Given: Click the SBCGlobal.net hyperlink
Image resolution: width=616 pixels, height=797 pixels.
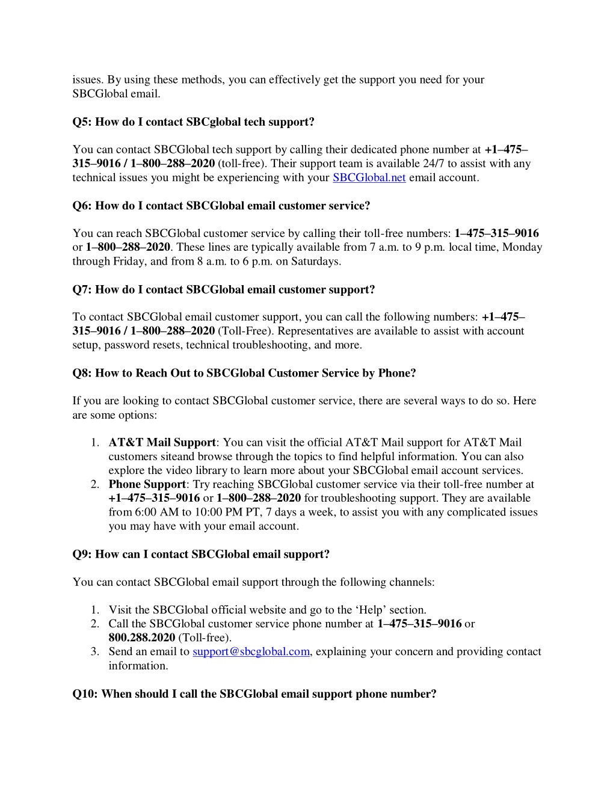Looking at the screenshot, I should click(x=369, y=177).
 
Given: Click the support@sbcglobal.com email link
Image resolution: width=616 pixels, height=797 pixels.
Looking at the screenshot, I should click(x=251, y=651).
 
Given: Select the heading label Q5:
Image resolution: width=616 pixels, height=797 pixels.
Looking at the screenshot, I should click(x=82, y=122).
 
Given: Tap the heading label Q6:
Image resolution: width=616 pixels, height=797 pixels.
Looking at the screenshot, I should click(x=82, y=206).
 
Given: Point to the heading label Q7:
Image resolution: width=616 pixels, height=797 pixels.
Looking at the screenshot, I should click(x=82, y=289).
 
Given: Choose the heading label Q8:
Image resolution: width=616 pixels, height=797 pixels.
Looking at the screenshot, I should click(x=82, y=373).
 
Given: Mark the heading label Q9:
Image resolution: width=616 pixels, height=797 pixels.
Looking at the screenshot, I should click(x=82, y=554).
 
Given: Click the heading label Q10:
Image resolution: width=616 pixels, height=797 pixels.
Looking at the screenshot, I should click(x=85, y=694).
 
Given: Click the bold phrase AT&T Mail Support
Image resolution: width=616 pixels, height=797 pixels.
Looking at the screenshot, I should click(x=162, y=443).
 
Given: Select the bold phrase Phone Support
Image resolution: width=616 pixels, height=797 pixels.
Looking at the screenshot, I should click(x=147, y=484).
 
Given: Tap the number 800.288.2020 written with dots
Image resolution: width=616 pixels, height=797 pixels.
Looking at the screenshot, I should click(x=142, y=638).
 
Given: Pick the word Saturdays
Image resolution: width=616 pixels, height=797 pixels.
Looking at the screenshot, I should click(x=315, y=261).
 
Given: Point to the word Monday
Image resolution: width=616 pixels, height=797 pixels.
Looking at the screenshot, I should click(x=522, y=247).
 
